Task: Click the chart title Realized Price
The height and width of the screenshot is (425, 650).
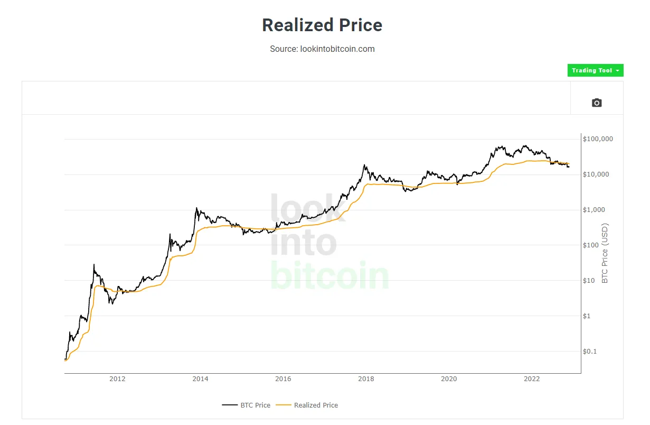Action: pyautogui.click(x=322, y=25)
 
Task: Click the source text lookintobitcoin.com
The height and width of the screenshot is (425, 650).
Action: pyautogui.click(x=322, y=49)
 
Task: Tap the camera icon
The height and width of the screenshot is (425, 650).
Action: pyautogui.click(x=597, y=103)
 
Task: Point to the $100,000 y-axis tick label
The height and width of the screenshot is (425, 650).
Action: pyautogui.click(x=598, y=139)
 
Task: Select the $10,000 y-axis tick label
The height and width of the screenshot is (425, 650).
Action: pyautogui.click(x=596, y=174)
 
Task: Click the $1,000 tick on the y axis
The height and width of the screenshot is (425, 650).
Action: pyautogui.click(x=594, y=210)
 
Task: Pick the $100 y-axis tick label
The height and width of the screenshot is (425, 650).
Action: pyautogui.click(x=591, y=245)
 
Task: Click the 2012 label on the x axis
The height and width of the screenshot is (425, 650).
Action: pyautogui.click(x=117, y=379)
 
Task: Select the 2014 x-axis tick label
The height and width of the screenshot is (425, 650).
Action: pyautogui.click(x=200, y=379)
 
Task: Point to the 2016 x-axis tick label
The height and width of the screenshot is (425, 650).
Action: pyautogui.click(x=283, y=379)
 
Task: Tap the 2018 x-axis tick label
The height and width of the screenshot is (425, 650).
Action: pyautogui.click(x=366, y=379)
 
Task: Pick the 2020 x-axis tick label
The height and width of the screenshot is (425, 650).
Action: pyautogui.click(x=449, y=379)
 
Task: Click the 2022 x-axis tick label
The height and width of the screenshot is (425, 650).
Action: pyautogui.click(x=532, y=379)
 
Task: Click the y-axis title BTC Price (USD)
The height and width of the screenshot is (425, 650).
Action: pyautogui.click(x=605, y=253)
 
